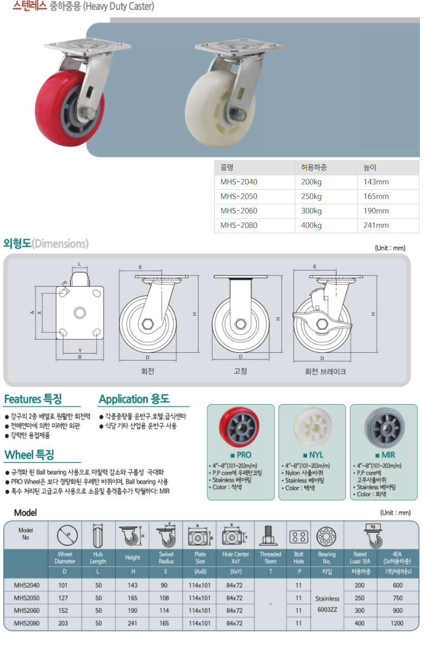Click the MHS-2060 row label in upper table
tap(239, 211)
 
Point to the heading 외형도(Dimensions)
tap(46, 244)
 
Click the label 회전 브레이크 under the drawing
tap(325, 371)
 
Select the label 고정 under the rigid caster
tap(240, 371)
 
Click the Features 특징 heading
tap(33, 399)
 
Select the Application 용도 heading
tap(134, 399)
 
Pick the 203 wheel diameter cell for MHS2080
tap(63, 623)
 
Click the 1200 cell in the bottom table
tap(398, 623)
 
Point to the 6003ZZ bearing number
tap(327, 609)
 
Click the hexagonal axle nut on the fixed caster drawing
tap(240, 324)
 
